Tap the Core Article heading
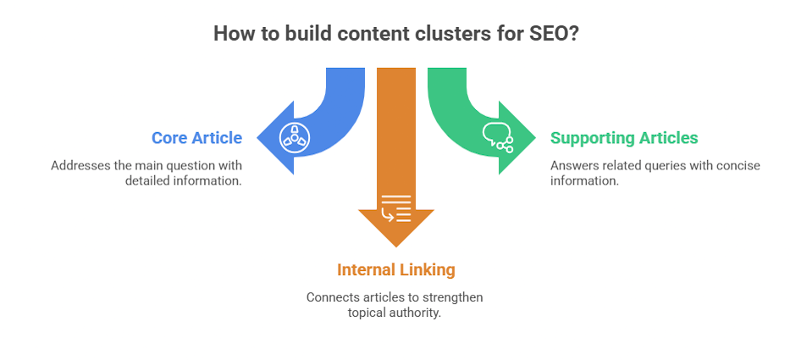[x=196, y=137]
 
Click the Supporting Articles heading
[x=624, y=137]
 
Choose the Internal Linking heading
[x=395, y=269]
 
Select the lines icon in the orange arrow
[x=396, y=208]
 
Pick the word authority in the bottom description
[x=418, y=313]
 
